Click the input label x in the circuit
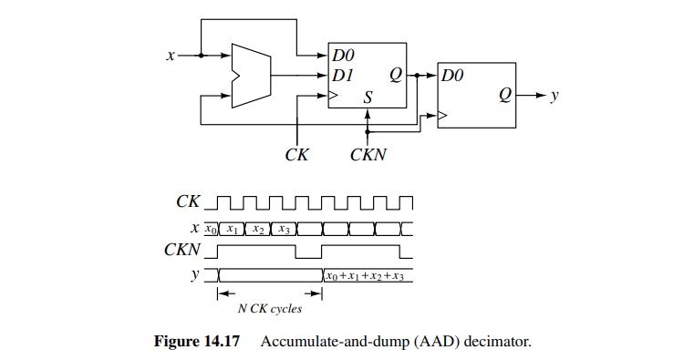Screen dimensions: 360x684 [x=170, y=56]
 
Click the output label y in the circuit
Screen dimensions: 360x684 [x=554, y=95]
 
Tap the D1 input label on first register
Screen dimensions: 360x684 [x=344, y=76]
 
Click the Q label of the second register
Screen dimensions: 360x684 [x=504, y=95]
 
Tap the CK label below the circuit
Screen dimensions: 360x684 [x=297, y=155]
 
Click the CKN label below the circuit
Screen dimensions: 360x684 [x=368, y=155]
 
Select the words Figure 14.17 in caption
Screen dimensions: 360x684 [x=194, y=343]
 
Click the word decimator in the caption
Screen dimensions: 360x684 [x=498, y=343]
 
